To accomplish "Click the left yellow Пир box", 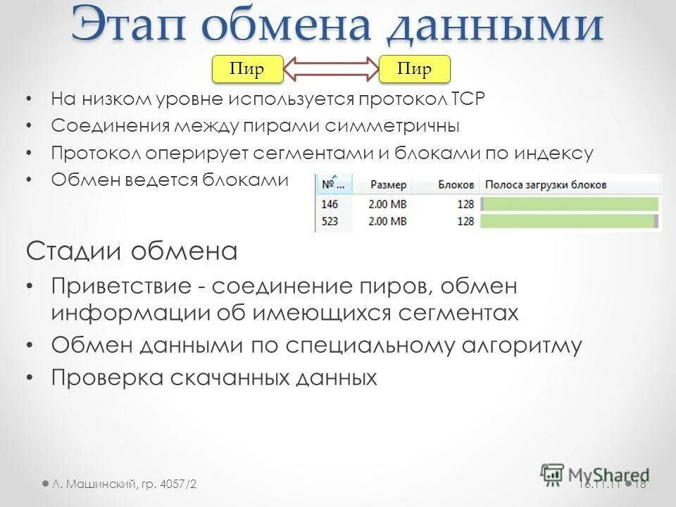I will click(x=247, y=69).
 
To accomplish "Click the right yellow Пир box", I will click(x=414, y=69).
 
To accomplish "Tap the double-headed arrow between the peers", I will click(x=331, y=69).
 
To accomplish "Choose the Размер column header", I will click(x=388, y=184).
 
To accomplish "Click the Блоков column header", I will click(x=456, y=184).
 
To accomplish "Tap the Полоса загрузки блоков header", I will click(x=546, y=184).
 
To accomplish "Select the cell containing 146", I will click(x=330, y=204).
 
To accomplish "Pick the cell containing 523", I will click(x=330, y=221).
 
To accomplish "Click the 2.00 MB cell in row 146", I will click(x=387, y=204).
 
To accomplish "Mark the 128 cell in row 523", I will click(x=465, y=221).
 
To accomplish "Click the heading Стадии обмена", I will click(x=132, y=251).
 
